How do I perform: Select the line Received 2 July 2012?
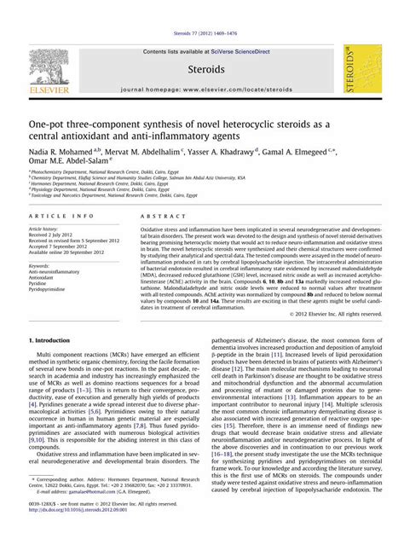pyautogui.click(x=51, y=235)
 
